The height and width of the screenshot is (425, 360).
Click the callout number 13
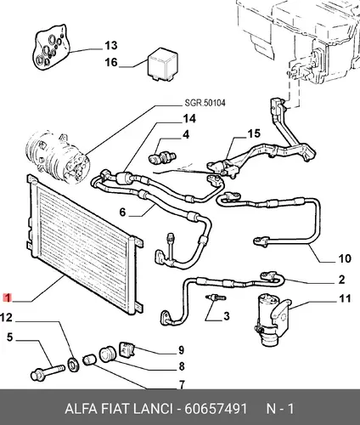[111, 45]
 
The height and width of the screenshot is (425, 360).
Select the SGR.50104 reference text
[205, 103]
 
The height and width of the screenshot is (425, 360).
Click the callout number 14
[189, 118]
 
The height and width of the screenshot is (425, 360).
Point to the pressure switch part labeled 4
[162, 155]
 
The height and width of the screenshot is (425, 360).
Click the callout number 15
[254, 133]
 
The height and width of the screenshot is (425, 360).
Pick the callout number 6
[122, 212]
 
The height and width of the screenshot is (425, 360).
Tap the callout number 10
[345, 258]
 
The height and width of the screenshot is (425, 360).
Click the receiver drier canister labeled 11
[273, 320]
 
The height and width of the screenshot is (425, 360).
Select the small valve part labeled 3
[216, 298]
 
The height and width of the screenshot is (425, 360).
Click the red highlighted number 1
[7, 297]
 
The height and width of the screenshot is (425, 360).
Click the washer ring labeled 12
[74, 365]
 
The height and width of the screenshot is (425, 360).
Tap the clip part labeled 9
[128, 349]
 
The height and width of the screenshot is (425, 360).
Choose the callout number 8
[182, 366]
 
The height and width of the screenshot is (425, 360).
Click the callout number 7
[182, 384]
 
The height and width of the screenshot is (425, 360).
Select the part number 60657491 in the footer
[216, 409]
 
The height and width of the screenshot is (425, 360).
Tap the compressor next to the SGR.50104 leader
[58, 156]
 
